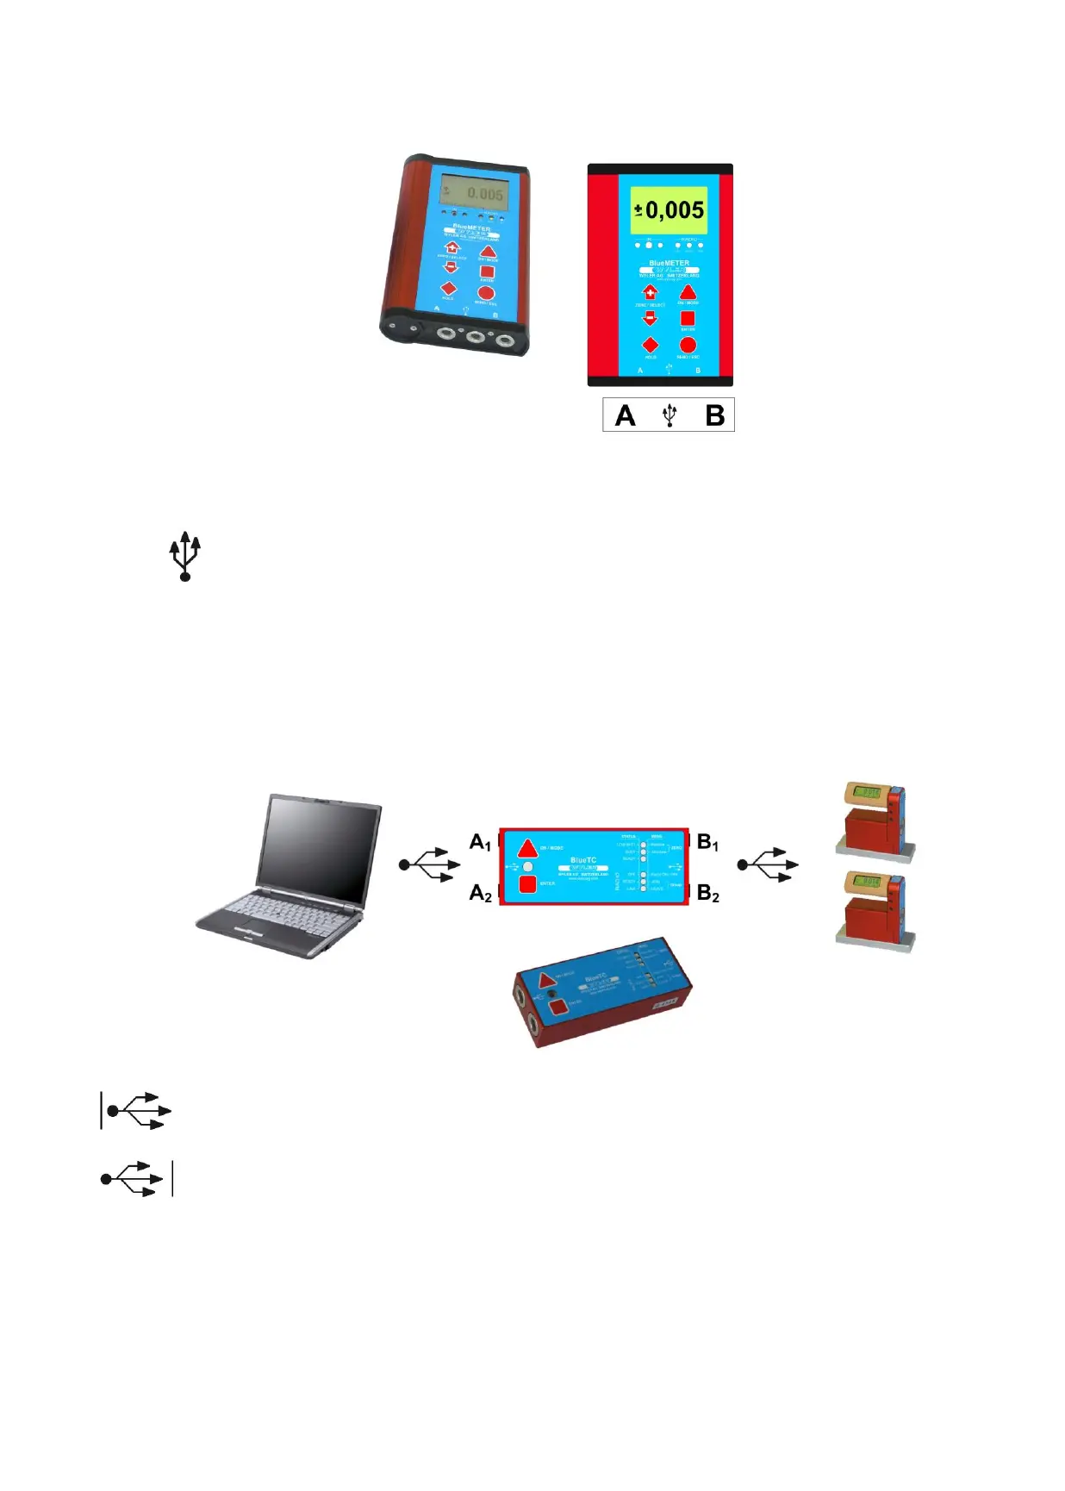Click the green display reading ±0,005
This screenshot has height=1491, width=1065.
point(669,209)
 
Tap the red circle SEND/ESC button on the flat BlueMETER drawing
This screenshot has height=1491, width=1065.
point(688,346)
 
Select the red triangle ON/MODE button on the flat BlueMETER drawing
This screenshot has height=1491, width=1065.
point(688,292)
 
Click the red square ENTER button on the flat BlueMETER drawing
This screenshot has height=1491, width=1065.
point(688,319)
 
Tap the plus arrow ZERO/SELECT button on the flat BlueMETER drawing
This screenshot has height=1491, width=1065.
point(650,292)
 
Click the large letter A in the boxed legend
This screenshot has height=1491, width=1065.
point(625,415)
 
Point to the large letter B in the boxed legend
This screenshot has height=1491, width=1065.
point(714,415)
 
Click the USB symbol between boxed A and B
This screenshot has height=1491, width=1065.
point(670,415)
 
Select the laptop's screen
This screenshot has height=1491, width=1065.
point(323,848)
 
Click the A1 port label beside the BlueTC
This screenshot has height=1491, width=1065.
point(480,842)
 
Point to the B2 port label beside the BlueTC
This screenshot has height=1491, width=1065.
point(707,893)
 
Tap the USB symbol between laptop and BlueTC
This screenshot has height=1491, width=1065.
point(429,864)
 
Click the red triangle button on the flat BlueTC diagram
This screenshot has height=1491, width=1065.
point(527,846)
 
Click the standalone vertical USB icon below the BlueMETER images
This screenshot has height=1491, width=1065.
point(184,556)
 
